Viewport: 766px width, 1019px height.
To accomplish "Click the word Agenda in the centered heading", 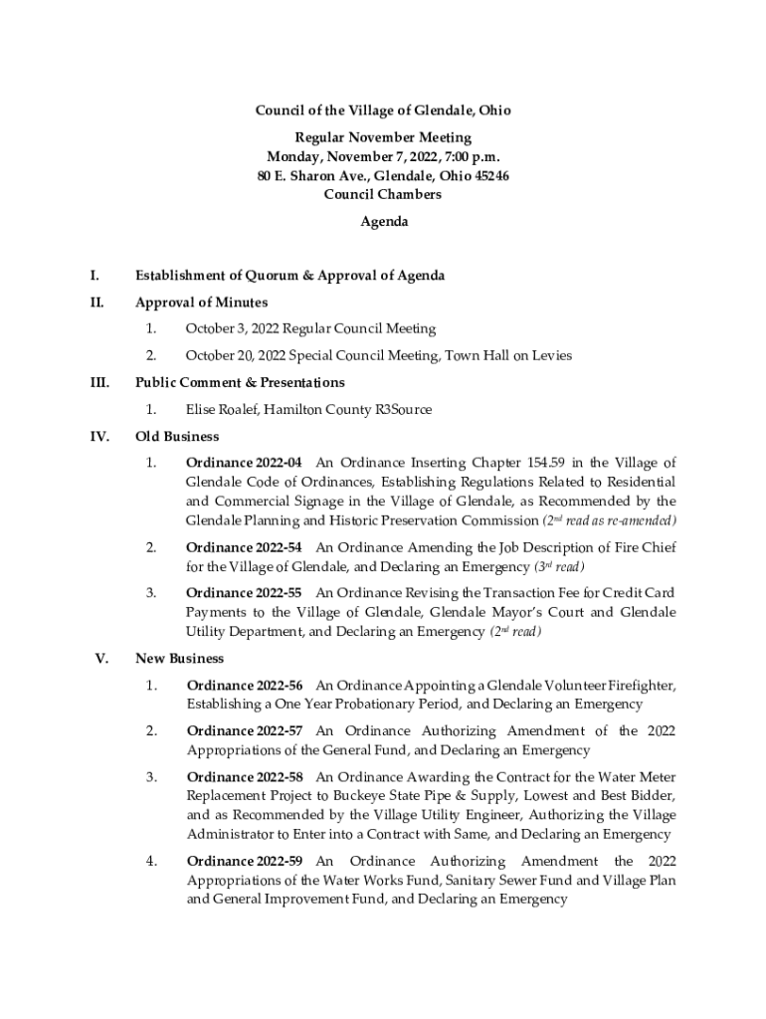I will point(383,222).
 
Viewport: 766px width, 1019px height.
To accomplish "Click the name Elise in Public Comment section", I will point(202,409).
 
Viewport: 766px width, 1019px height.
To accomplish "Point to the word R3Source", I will point(403,409).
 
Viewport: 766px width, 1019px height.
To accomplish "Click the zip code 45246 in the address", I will point(489,175).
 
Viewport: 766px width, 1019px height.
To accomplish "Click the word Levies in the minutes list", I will point(549,355).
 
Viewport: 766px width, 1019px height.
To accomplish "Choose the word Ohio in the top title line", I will point(491,110).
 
